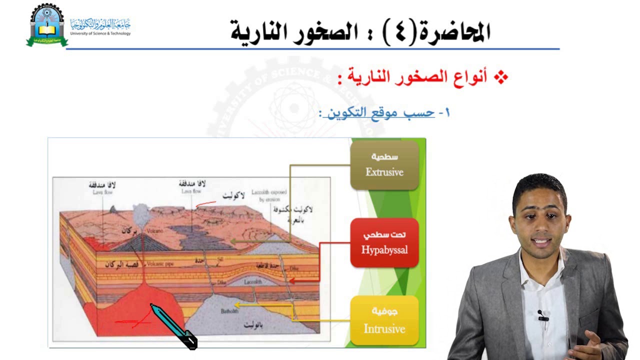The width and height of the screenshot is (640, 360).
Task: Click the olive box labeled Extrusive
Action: coord(384,165)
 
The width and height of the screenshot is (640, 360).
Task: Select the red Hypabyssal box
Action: coord(384,242)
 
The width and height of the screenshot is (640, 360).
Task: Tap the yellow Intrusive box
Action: coord(384,320)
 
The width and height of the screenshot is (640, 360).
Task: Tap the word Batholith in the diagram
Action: coord(230,311)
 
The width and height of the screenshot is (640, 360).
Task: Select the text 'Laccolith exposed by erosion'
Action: coord(272,195)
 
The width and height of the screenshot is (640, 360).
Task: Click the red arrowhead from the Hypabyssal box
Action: coord(292,281)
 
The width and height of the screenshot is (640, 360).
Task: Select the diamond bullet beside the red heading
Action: coord(500,77)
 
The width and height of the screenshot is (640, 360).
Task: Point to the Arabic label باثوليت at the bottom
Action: coord(255,325)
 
